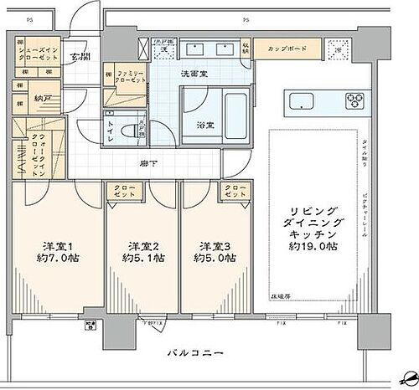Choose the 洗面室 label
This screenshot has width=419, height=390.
pyautogui.click(x=194, y=73)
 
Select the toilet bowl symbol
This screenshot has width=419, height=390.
pyautogui.click(x=129, y=131)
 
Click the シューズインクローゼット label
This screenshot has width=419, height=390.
pyautogui.click(x=40, y=53)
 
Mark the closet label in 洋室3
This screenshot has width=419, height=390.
pyautogui.click(x=234, y=192)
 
